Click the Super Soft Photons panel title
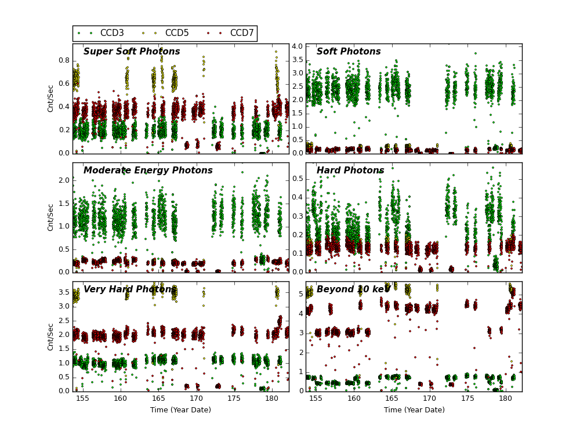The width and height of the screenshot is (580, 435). point(132,52)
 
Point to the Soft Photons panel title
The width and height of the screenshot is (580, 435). point(349,52)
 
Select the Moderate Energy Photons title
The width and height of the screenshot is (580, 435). point(148,171)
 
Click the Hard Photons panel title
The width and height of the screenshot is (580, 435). point(350,171)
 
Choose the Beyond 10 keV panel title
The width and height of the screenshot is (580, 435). point(353,289)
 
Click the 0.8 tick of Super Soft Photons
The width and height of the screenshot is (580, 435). point(64,60)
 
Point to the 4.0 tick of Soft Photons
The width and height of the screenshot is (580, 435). point(297,46)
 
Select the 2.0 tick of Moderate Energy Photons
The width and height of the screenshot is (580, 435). point(64,180)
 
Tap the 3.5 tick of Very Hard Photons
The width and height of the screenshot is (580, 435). point(64,292)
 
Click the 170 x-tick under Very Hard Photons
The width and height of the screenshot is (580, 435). point(196,399)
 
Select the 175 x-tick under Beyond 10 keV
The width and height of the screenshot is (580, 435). point(467,399)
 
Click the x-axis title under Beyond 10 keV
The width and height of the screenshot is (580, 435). point(414,410)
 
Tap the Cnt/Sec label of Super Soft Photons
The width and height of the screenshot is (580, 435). point(51,98)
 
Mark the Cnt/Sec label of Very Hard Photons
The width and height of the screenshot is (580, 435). point(51,336)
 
